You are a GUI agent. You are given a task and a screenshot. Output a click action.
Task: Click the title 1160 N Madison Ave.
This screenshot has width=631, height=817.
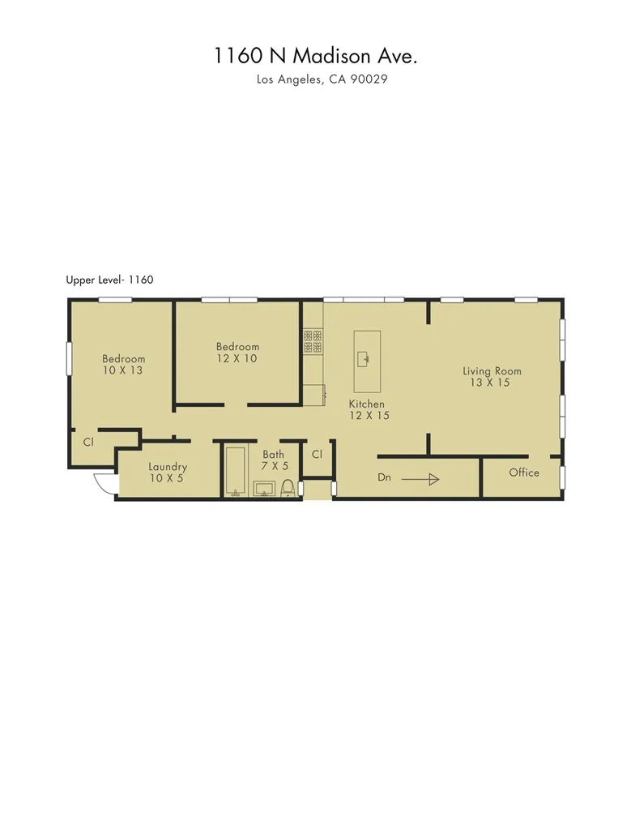click(x=316, y=55)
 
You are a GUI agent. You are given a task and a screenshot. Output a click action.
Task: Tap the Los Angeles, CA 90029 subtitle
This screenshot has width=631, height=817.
click(x=316, y=80)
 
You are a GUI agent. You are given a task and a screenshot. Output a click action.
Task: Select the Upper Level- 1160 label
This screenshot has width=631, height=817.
click(x=109, y=280)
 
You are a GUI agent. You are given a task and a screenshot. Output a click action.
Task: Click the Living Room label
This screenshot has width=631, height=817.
click(x=492, y=371)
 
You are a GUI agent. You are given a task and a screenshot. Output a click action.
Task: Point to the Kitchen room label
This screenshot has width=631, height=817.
click(x=367, y=404)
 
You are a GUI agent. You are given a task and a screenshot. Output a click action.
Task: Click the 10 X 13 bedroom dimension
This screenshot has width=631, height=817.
click(x=124, y=370)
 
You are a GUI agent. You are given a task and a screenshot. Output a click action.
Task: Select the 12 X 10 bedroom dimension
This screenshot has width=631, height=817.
click(x=237, y=358)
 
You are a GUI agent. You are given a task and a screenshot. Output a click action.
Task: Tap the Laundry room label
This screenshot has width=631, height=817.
click(x=168, y=467)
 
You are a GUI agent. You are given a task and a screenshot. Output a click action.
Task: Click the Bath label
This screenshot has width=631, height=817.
click(x=273, y=455)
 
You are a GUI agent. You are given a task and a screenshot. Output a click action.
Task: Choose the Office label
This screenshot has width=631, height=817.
click(x=524, y=473)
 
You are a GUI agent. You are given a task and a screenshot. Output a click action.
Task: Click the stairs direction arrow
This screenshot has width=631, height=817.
click(x=420, y=479)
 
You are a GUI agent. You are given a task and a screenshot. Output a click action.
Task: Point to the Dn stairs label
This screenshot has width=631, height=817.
click(x=384, y=477)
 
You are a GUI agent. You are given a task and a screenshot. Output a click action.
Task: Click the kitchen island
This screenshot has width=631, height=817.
click(x=367, y=361)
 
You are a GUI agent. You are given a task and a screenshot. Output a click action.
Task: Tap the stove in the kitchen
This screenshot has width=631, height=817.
click(x=313, y=340)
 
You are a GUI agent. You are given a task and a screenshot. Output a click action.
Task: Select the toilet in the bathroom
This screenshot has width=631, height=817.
click(x=288, y=488)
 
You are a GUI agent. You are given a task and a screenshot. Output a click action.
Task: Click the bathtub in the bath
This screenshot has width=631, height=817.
click(x=235, y=471)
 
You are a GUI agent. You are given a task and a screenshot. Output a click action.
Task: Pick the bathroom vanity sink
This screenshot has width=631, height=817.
click(x=264, y=488)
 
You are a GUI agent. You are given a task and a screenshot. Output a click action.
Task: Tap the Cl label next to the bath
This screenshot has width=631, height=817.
click(x=317, y=455)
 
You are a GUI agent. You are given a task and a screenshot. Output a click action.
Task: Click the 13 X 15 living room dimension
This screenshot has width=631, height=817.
click(x=490, y=383)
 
